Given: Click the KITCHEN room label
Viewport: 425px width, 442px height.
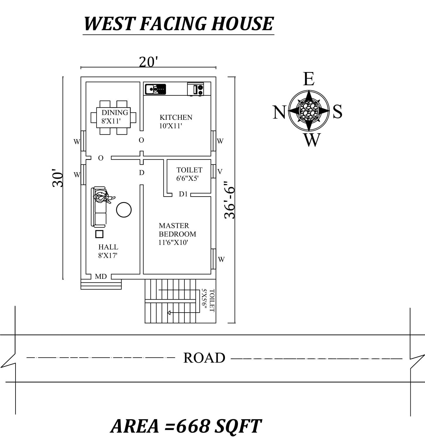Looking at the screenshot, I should (x=176, y=117).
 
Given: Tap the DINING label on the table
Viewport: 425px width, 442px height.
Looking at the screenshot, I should (x=115, y=112).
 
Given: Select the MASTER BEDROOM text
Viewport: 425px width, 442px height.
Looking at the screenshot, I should (x=177, y=230).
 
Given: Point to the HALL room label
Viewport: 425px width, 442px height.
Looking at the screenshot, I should (x=108, y=247).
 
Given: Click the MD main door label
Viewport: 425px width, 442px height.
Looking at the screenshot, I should (x=101, y=277).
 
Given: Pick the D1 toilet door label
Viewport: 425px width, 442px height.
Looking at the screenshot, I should (x=183, y=194).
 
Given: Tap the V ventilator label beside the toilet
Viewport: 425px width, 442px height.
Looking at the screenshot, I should (x=220, y=172).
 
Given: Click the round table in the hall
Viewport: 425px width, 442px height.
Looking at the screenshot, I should (x=124, y=210).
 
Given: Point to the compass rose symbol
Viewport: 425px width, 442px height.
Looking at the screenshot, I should (x=309, y=111).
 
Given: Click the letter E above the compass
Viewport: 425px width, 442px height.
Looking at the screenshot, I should (x=309, y=79).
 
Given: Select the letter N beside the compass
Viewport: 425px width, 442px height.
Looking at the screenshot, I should (x=279, y=112).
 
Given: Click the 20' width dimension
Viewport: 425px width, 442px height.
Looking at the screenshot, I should (x=148, y=62).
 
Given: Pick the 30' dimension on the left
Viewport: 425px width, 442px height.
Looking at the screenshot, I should (x=58, y=178).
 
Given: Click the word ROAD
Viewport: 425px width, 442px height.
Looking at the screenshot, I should (x=204, y=358).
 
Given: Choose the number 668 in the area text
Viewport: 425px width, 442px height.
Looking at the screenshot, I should (x=193, y=426).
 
